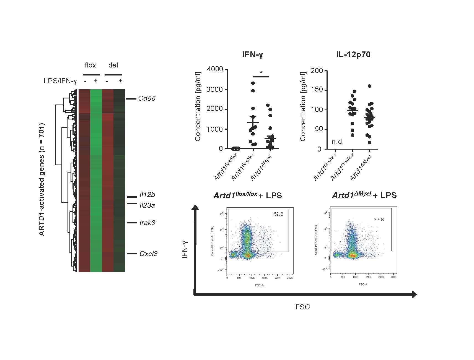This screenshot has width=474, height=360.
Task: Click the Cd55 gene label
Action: (147, 98)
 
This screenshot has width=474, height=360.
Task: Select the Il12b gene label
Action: (147, 195)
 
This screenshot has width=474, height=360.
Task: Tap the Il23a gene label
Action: (147, 205)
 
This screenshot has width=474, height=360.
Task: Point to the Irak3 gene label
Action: (147, 223)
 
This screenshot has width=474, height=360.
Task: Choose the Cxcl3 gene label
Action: (148, 254)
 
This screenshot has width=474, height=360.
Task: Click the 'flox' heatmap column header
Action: (90, 65)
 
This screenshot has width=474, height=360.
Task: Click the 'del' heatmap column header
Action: (113, 65)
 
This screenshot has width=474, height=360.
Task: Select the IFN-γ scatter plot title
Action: (252, 55)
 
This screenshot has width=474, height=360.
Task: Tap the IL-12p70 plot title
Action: (353, 54)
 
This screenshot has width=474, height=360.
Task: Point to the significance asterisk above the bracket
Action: (261, 73)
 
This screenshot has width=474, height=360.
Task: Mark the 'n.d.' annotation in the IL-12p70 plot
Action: (338, 142)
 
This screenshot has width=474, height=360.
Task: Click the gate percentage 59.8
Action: (278, 214)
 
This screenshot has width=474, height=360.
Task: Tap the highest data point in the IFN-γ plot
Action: (253, 83)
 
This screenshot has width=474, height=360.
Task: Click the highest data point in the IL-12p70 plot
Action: (369, 86)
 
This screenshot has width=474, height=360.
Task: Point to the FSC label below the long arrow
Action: (303, 307)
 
